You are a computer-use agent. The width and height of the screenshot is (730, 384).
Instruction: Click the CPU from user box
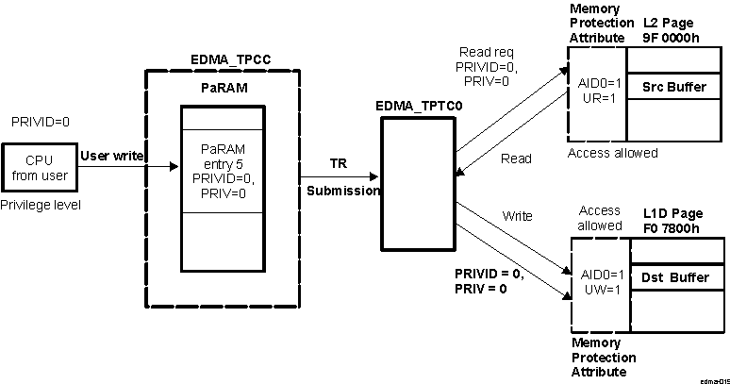tap(39, 168)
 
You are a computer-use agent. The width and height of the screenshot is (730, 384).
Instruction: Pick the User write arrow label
tap(112, 155)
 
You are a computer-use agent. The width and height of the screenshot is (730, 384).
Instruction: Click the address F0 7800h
tap(672, 226)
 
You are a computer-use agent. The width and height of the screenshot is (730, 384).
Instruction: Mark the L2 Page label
tap(670, 22)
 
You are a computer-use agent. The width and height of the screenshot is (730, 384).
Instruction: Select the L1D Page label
tap(672, 211)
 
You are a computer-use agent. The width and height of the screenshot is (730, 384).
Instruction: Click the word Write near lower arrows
tap(517, 216)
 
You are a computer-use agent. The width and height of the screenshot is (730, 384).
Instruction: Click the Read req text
tap(486, 52)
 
